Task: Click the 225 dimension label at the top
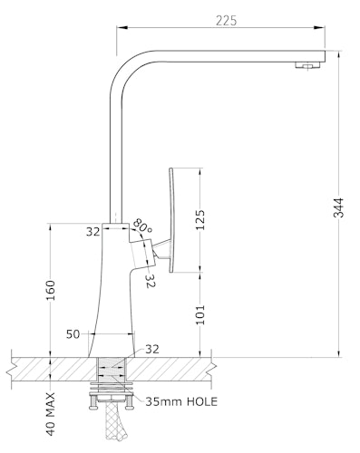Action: pyautogui.click(x=227, y=21)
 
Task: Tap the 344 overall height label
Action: pyautogui.click(x=338, y=207)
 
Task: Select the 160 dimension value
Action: pyautogui.click(x=51, y=290)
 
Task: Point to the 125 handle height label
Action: pyautogui.click(x=200, y=219)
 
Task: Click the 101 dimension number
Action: pyautogui.click(x=200, y=314)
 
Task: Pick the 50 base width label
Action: pyautogui.click(x=73, y=334)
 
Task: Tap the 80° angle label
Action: pyautogui.click(x=142, y=226)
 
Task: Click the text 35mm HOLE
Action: pyautogui.click(x=181, y=401)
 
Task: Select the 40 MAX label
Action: pyautogui.click(x=51, y=414)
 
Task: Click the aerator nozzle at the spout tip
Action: pyautogui.click(x=307, y=65)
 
